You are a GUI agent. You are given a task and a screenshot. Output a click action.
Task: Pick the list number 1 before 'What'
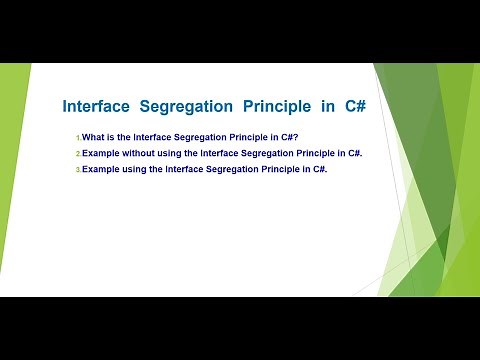coord(77,138)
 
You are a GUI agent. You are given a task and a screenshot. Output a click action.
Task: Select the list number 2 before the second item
coord(77,154)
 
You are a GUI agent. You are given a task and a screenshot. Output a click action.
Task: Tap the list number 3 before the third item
coord(77,170)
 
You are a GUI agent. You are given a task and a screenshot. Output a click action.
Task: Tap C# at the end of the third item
coord(321,169)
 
